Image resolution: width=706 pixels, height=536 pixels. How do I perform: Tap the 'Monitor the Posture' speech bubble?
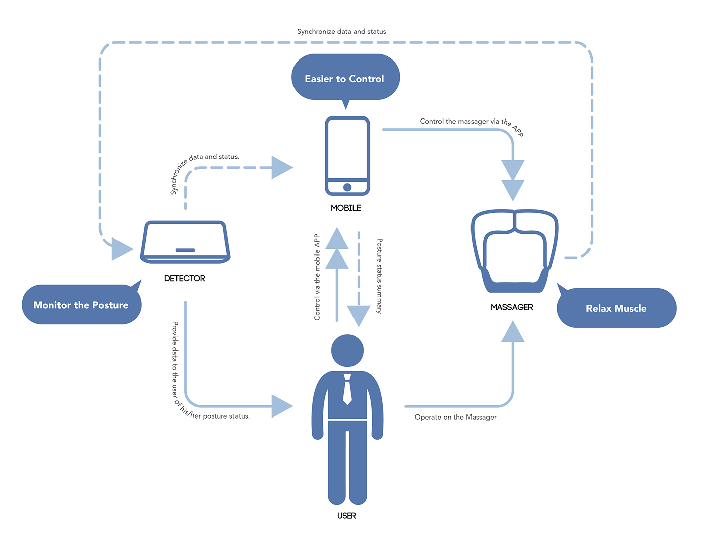click(81, 305)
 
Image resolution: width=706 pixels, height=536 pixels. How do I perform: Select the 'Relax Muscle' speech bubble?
click(616, 308)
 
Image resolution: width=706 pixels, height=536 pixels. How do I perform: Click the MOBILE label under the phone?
click(346, 208)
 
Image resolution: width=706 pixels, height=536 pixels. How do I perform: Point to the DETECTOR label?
click(185, 278)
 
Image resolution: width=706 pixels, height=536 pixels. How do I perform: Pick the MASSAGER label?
click(512, 307)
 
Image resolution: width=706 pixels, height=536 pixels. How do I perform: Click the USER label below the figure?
click(346, 516)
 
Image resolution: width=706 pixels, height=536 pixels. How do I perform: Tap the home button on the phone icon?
click(347, 187)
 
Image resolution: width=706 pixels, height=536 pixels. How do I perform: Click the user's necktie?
click(347, 390)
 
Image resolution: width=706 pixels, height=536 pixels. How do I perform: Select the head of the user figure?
click(347, 350)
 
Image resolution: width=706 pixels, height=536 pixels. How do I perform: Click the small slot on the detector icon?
click(185, 250)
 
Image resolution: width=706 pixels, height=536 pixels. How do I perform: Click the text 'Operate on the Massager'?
click(455, 417)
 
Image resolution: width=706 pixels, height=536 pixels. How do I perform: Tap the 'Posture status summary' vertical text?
click(380, 276)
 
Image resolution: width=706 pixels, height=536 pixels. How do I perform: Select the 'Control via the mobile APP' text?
click(317, 277)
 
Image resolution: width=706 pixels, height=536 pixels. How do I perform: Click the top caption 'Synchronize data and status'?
click(341, 31)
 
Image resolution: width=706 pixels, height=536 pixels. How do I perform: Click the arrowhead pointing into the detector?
click(121, 249)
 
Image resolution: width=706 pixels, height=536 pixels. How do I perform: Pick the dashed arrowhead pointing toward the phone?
click(281, 167)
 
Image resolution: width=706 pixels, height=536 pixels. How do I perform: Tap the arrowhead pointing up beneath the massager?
click(513, 332)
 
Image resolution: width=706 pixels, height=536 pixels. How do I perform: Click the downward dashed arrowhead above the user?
click(359, 316)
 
